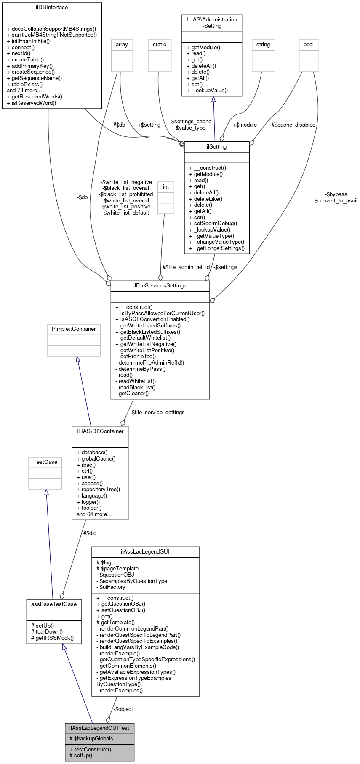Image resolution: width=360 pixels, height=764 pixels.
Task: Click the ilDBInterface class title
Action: pos(52,8)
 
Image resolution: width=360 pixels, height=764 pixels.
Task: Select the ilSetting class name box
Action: pos(217,147)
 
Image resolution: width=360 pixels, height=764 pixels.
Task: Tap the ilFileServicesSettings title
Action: pos(160,286)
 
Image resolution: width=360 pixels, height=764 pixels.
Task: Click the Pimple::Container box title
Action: pos(74,329)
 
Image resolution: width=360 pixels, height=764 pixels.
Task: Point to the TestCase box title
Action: pos(45,462)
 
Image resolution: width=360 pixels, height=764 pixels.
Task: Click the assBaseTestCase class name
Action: pos(54,604)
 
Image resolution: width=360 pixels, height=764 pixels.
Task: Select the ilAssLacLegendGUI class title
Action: pos(145,552)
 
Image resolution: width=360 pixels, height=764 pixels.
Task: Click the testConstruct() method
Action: pos(93,749)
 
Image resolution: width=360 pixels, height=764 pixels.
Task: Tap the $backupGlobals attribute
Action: pos(93,738)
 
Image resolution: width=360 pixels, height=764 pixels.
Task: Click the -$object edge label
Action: pos(123,709)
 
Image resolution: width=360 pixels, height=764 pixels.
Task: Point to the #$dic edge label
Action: pos(90,533)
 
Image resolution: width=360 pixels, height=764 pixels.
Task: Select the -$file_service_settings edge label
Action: pos(157,413)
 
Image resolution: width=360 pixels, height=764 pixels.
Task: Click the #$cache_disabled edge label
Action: pos(293,125)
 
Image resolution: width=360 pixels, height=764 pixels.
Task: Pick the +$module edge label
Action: pos(245,125)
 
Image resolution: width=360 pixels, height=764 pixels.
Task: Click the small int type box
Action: pos(166,187)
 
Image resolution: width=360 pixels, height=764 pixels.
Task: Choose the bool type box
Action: pos(309,45)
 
